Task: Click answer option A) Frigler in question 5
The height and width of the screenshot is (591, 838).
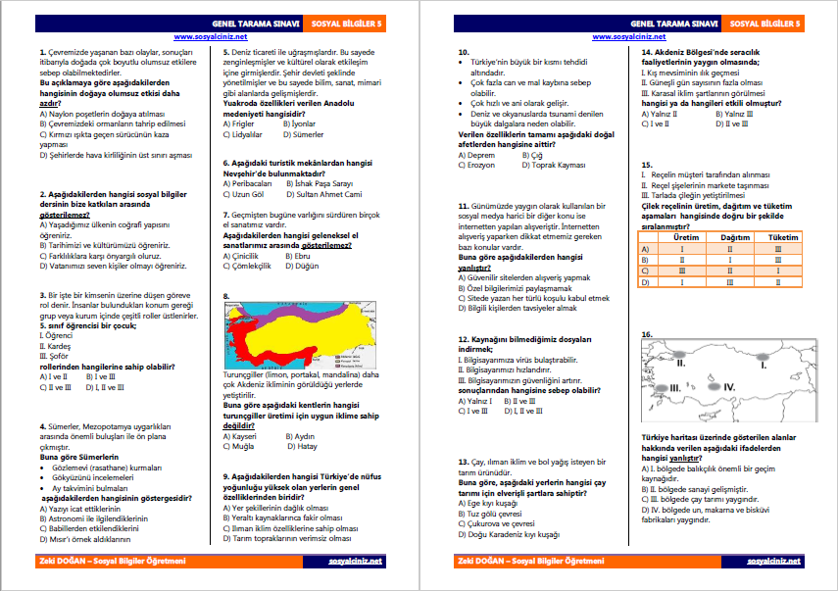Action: click(240, 124)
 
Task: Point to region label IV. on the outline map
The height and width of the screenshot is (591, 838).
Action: click(729, 387)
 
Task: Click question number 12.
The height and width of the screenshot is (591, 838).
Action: click(464, 338)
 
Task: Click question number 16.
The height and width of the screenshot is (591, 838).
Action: click(647, 335)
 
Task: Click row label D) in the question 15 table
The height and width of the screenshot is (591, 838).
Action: click(646, 281)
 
